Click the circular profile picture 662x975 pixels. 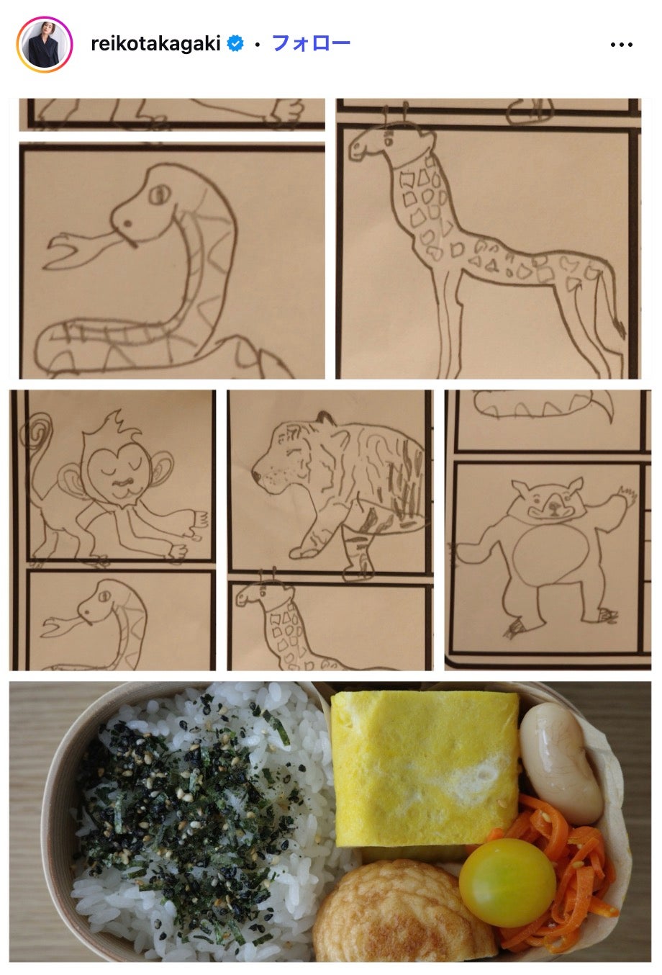pos(45,45)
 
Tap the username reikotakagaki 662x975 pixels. pos(155,43)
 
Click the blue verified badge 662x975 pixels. pos(235,43)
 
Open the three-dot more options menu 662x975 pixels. pos(621,45)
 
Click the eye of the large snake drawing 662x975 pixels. pos(159,194)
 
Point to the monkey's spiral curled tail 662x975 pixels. pos(38,430)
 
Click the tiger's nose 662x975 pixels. pos(256,475)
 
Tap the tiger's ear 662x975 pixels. pos(325,418)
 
